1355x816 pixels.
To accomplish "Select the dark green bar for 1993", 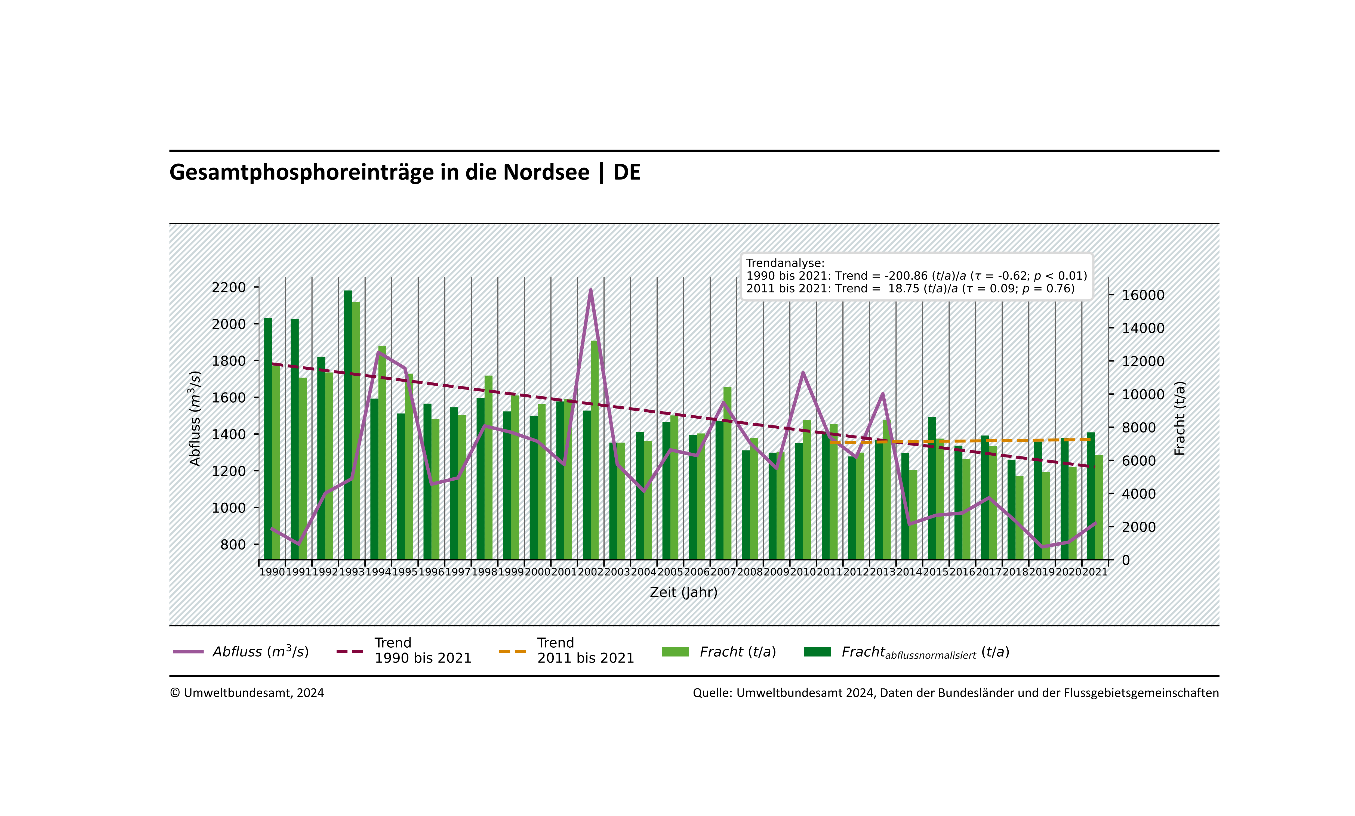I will [x=347, y=424].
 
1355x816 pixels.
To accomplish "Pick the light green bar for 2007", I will [x=728, y=473].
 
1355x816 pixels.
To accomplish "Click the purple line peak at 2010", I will [x=803, y=373].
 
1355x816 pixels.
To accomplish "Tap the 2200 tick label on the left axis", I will [x=229, y=288].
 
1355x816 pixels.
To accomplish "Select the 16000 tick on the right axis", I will [x=1143, y=295].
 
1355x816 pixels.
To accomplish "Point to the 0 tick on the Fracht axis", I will [x=1126, y=560].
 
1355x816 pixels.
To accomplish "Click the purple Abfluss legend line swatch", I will [x=188, y=652].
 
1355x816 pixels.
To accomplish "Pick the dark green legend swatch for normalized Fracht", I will [x=817, y=652].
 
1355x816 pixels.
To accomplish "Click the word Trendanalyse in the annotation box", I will [x=785, y=263].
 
